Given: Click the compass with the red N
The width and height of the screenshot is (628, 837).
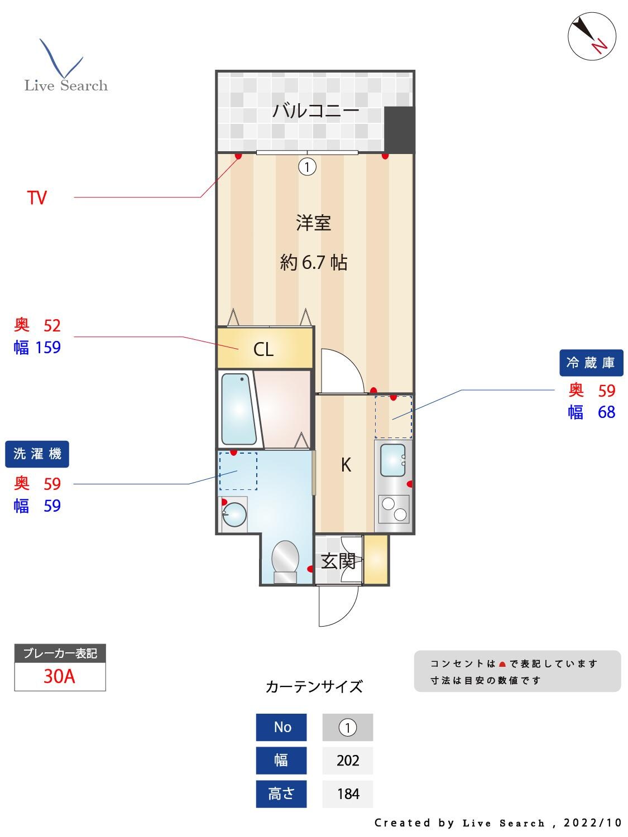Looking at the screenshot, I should pyautogui.click(x=592, y=36).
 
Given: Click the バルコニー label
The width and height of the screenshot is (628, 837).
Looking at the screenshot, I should pyautogui.click(x=315, y=110).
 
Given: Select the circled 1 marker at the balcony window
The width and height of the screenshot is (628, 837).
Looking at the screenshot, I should pyautogui.click(x=307, y=166).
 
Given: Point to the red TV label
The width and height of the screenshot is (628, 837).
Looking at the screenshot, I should pyautogui.click(x=37, y=198).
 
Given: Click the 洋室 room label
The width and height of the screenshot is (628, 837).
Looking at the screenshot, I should pyautogui.click(x=314, y=223).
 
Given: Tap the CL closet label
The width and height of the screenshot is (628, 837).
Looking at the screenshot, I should pyautogui.click(x=263, y=349).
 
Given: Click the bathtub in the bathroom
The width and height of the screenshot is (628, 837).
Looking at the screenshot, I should pyautogui.click(x=238, y=408).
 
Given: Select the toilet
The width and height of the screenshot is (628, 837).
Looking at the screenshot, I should pyautogui.click(x=285, y=560).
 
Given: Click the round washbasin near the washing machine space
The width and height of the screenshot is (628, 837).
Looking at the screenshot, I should pyautogui.click(x=234, y=514).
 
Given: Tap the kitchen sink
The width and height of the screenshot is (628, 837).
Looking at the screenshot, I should pyautogui.click(x=393, y=461).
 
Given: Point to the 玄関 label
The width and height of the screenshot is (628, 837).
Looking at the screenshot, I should pyautogui.click(x=338, y=561).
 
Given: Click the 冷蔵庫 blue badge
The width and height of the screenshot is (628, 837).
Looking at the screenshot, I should pyautogui.click(x=591, y=363).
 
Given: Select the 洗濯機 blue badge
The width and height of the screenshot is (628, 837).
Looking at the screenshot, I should pyautogui.click(x=37, y=454).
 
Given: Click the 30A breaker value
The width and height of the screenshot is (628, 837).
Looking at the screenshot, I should pyautogui.click(x=59, y=676).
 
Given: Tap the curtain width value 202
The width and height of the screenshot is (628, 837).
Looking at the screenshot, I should pyautogui.click(x=348, y=761).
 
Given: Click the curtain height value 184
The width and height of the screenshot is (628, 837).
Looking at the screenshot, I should pyautogui.click(x=348, y=793).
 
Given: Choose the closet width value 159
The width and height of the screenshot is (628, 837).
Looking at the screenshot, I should pyautogui.click(x=48, y=348).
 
